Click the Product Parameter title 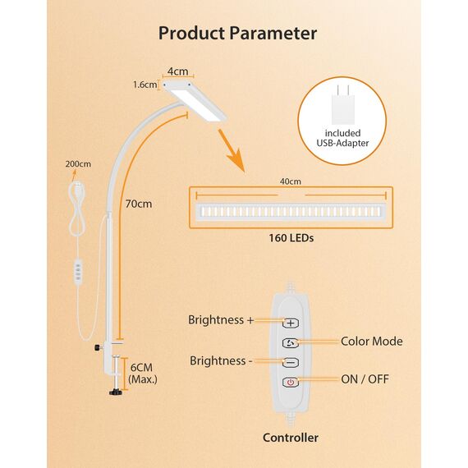pyautogui.click(x=237, y=34)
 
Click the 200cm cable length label pyautogui.click(x=78, y=163)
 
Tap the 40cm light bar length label pyautogui.click(x=290, y=181)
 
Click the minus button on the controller pyautogui.click(x=291, y=362)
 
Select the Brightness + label pyautogui.click(x=221, y=320)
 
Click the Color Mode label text pyautogui.click(x=371, y=341)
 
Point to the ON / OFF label pyautogui.click(x=365, y=379)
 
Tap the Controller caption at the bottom pyautogui.click(x=290, y=438)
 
